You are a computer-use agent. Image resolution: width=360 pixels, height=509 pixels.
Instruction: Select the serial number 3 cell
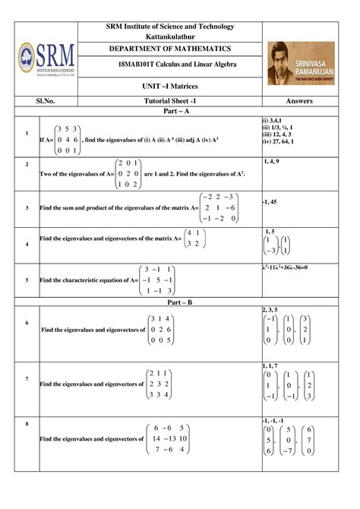pos(27,207)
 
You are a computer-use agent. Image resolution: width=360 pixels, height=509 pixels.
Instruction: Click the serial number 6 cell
pos(27,323)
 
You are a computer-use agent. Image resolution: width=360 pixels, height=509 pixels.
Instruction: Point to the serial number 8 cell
pos(27,422)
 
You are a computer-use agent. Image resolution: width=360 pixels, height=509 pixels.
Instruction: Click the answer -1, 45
pos(271,201)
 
